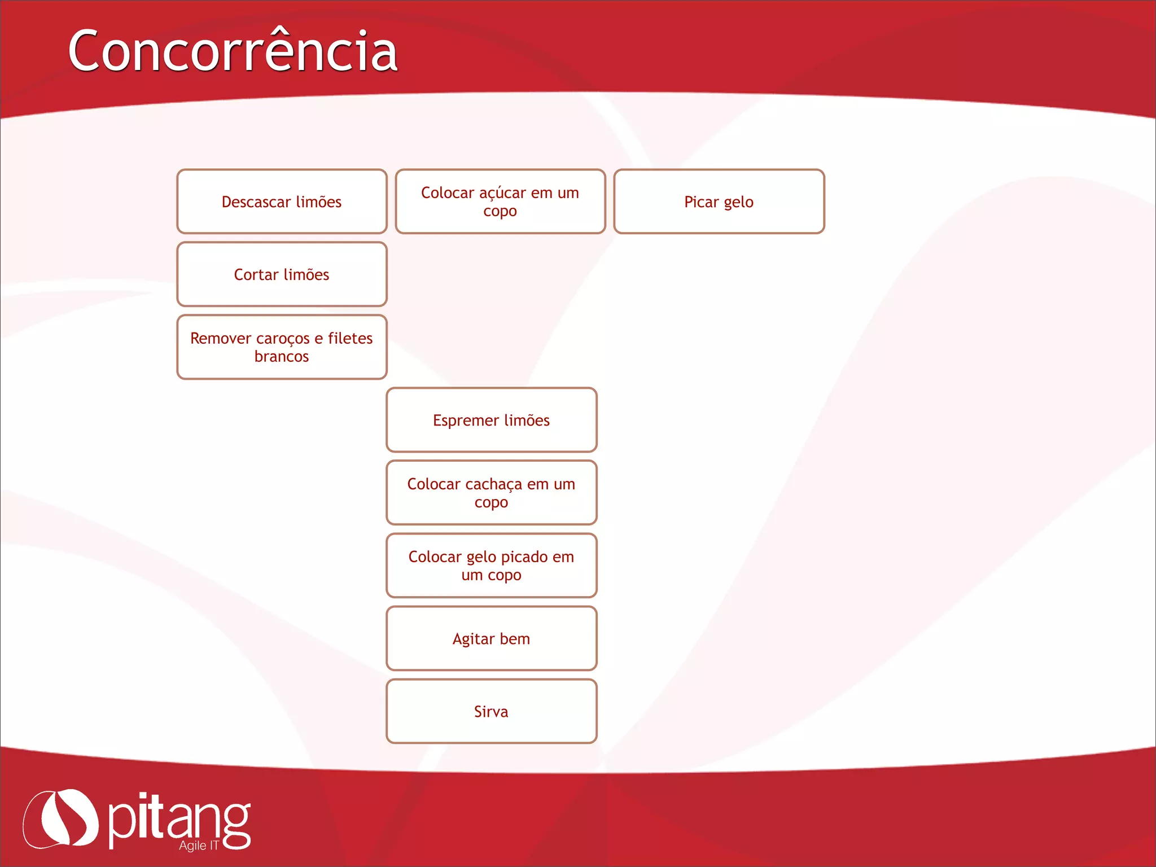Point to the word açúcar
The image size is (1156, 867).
(x=505, y=193)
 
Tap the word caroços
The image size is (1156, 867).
(x=282, y=339)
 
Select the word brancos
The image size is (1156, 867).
(x=282, y=357)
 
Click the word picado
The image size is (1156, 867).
(x=524, y=557)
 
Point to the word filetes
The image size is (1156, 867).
(x=350, y=338)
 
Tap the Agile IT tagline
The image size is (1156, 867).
(x=198, y=845)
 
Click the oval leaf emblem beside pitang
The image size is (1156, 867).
(x=60, y=818)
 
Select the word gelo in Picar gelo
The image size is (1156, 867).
(x=738, y=202)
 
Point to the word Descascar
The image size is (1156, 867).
(x=256, y=202)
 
